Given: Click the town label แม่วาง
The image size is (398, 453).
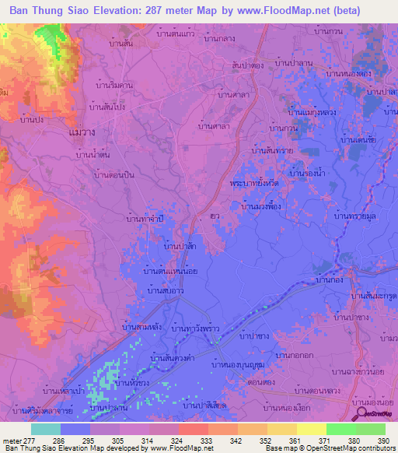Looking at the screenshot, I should [x=82, y=133].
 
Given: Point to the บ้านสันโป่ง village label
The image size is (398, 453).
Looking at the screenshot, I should [x=107, y=106].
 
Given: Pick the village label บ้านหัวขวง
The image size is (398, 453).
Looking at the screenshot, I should [x=131, y=383].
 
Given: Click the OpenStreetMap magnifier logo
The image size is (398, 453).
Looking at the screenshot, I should [x=358, y=414].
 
